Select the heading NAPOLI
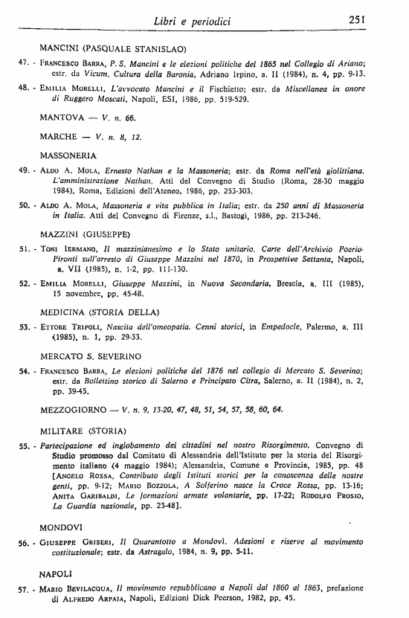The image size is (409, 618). point(55,575)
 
